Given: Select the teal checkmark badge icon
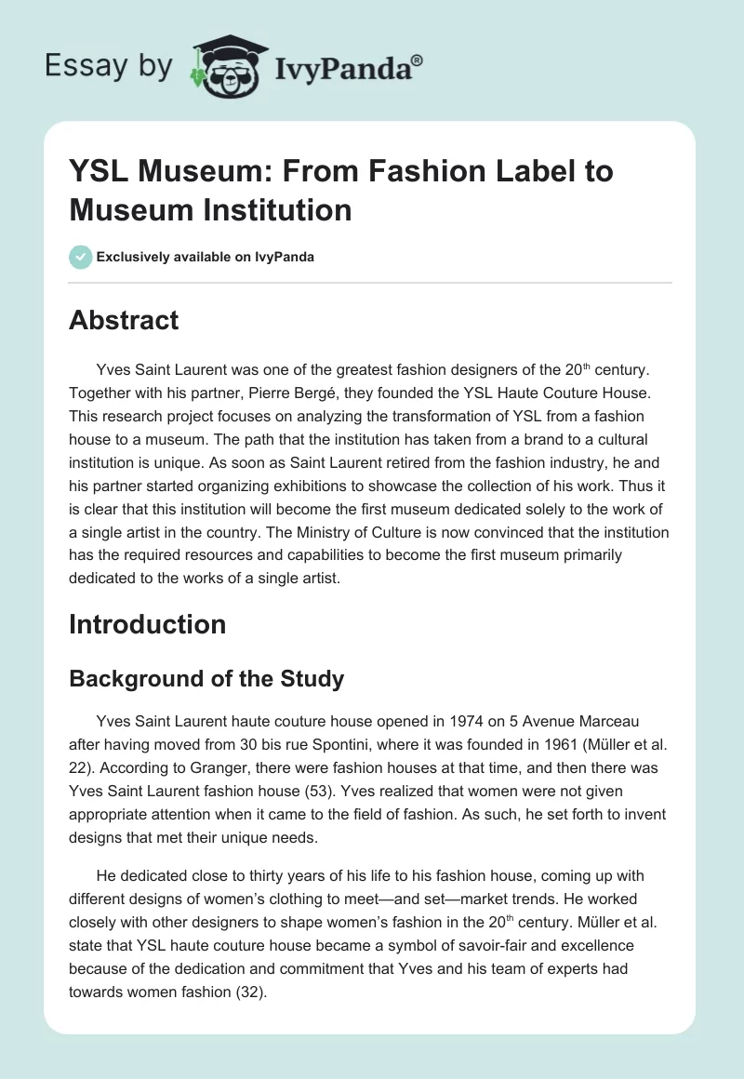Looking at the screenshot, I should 81,257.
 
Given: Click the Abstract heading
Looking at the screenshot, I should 124,321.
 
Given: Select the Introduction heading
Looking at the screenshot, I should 147,624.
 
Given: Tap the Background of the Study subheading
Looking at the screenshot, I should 206,679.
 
